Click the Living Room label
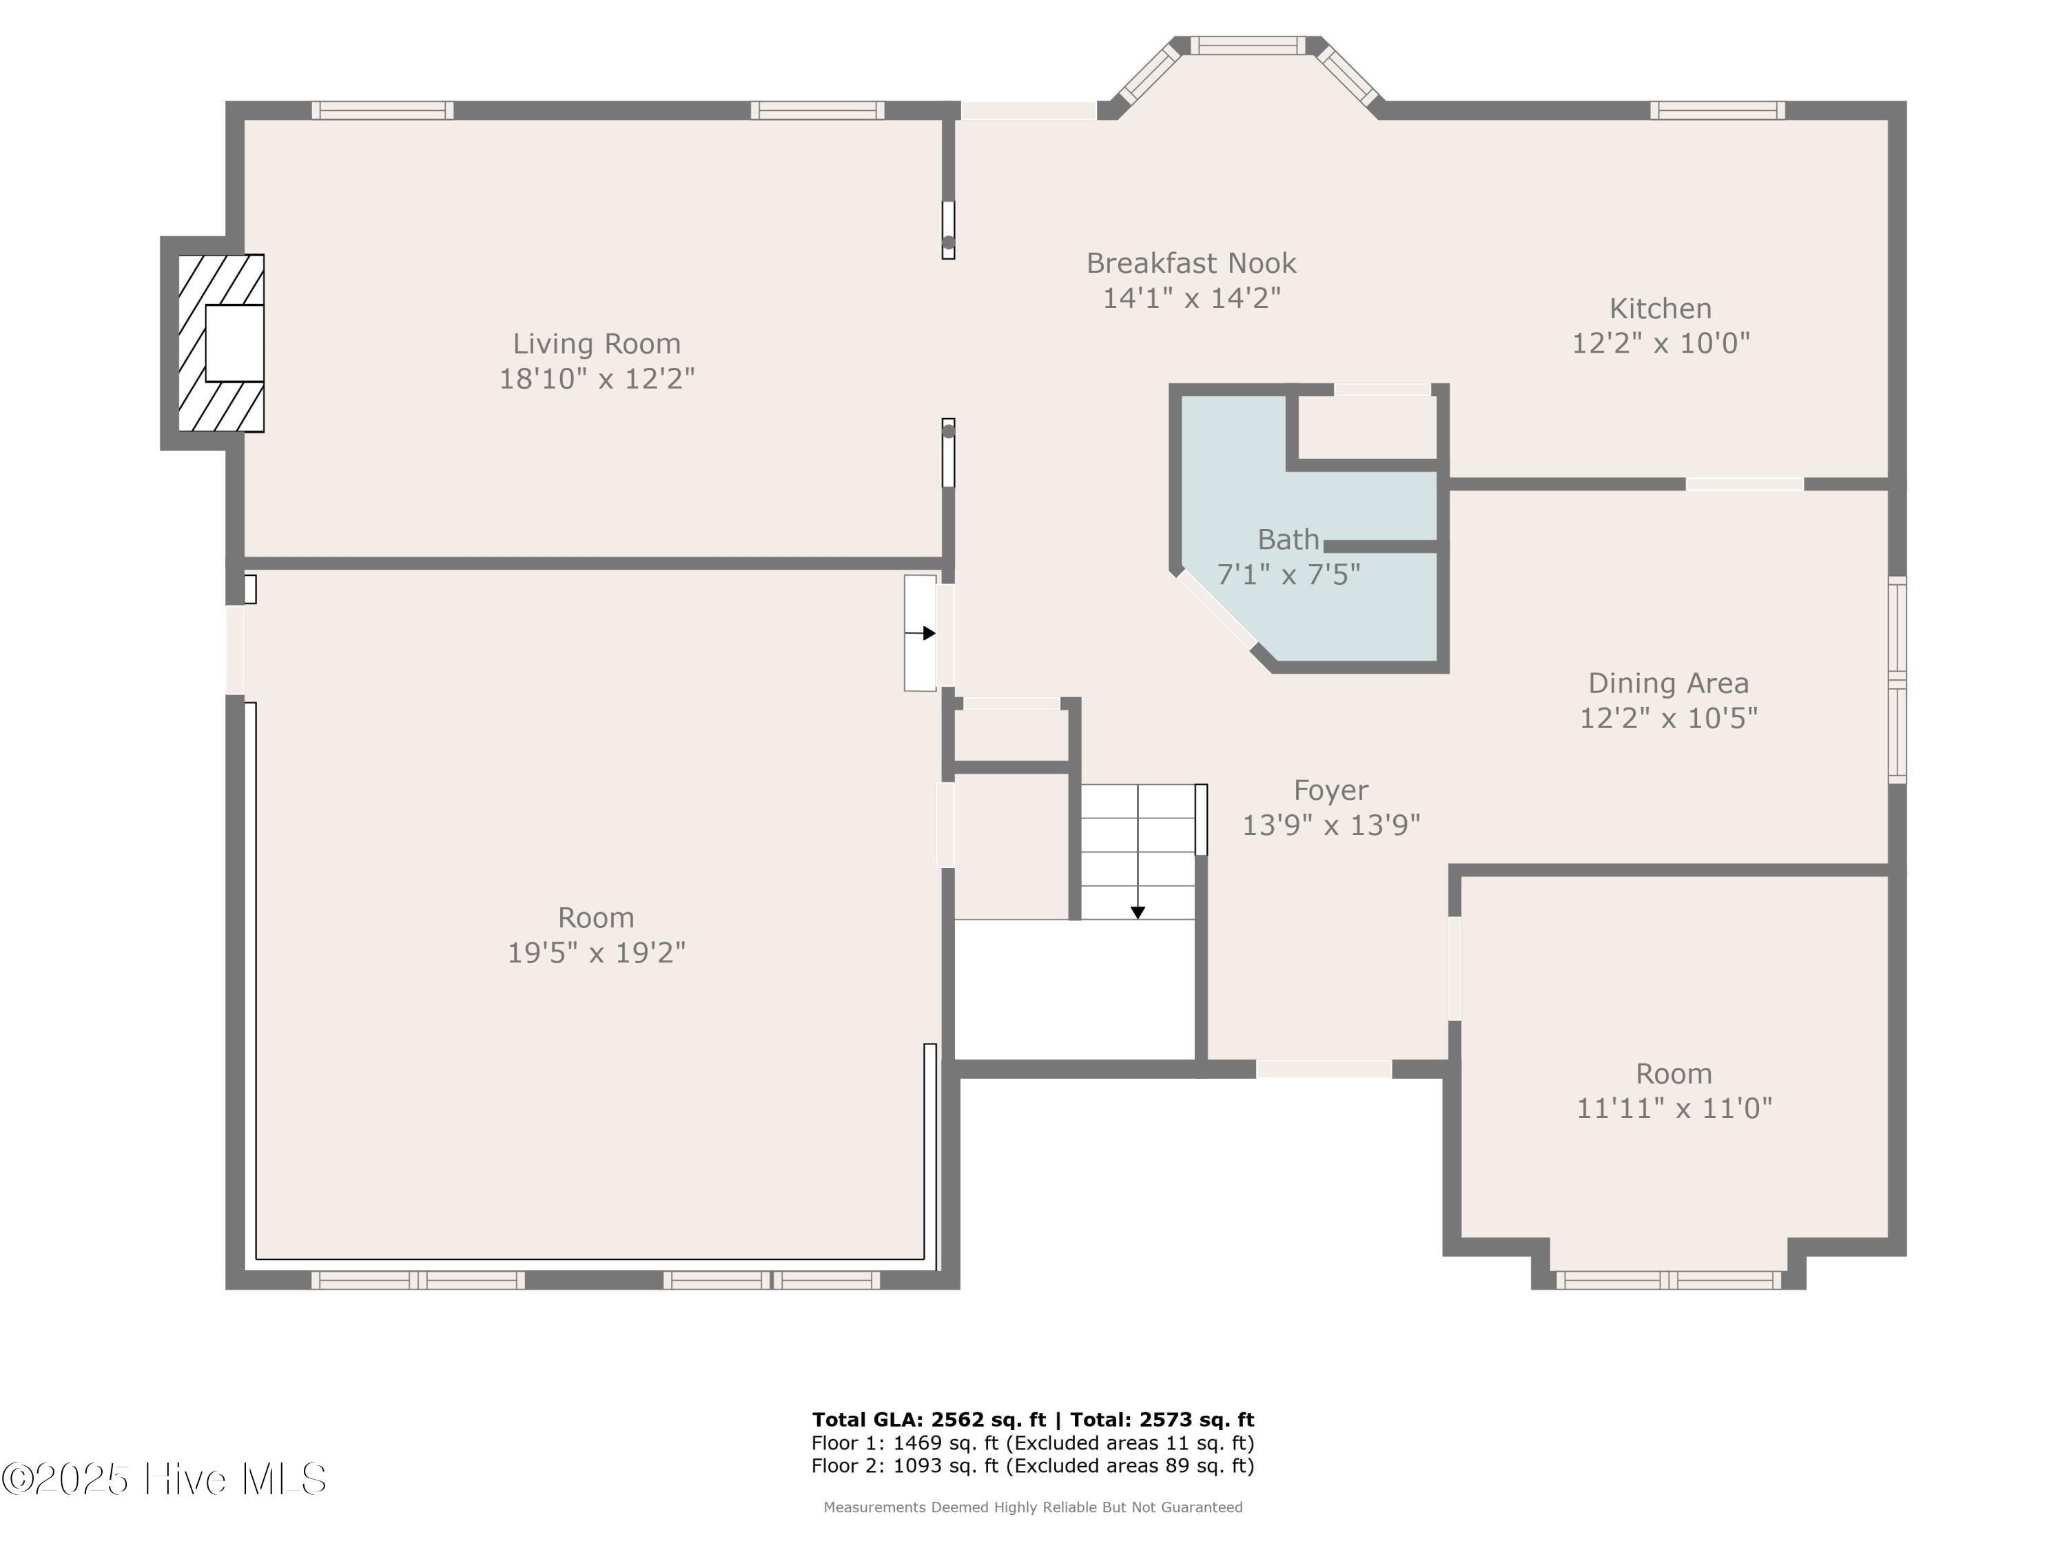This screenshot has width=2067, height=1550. coord(596,344)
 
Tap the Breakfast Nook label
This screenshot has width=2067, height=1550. coord(1191,263)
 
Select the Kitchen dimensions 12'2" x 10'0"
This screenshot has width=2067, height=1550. coord(1660,343)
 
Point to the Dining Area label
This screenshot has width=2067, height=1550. coord(1668,683)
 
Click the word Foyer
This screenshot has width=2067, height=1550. coord(1330,790)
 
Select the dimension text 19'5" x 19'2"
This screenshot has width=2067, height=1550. coord(596,952)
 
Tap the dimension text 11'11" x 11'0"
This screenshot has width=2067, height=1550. coord(1674,1108)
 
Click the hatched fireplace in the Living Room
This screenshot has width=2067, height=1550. coord(221,343)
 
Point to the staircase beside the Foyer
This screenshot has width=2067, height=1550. coord(1138,851)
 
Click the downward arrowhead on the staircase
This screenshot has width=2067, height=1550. coord(1138,913)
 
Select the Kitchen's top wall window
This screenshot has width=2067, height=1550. coord(1718,110)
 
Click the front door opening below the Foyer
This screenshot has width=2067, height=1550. coord(1324,1069)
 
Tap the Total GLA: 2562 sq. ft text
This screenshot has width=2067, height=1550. coord(929,1420)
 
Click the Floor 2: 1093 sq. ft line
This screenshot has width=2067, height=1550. coord(1033,1466)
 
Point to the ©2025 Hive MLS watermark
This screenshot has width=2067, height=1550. coord(165,1478)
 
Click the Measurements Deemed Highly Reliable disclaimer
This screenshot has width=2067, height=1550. coord(1033,1507)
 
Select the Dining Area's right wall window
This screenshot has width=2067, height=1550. coord(1897,680)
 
